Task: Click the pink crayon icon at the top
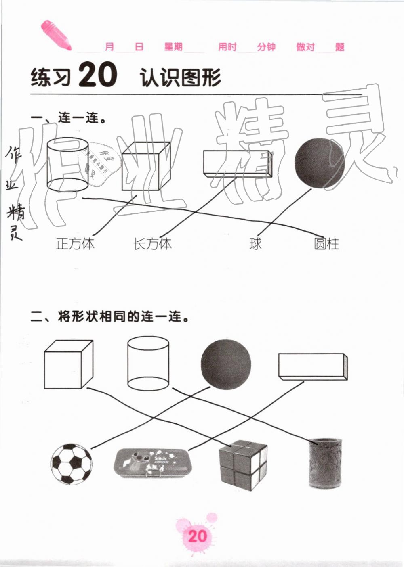55,35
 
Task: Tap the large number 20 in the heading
98,75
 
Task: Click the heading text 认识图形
180,77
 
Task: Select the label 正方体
75,244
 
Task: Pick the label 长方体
152,244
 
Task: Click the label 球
255,244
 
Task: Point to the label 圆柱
326,244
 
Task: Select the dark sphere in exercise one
319,163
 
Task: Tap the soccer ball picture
72,464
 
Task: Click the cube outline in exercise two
68,364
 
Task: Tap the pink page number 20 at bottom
198,536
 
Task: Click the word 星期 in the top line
173,47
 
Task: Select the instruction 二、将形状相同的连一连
110,317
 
